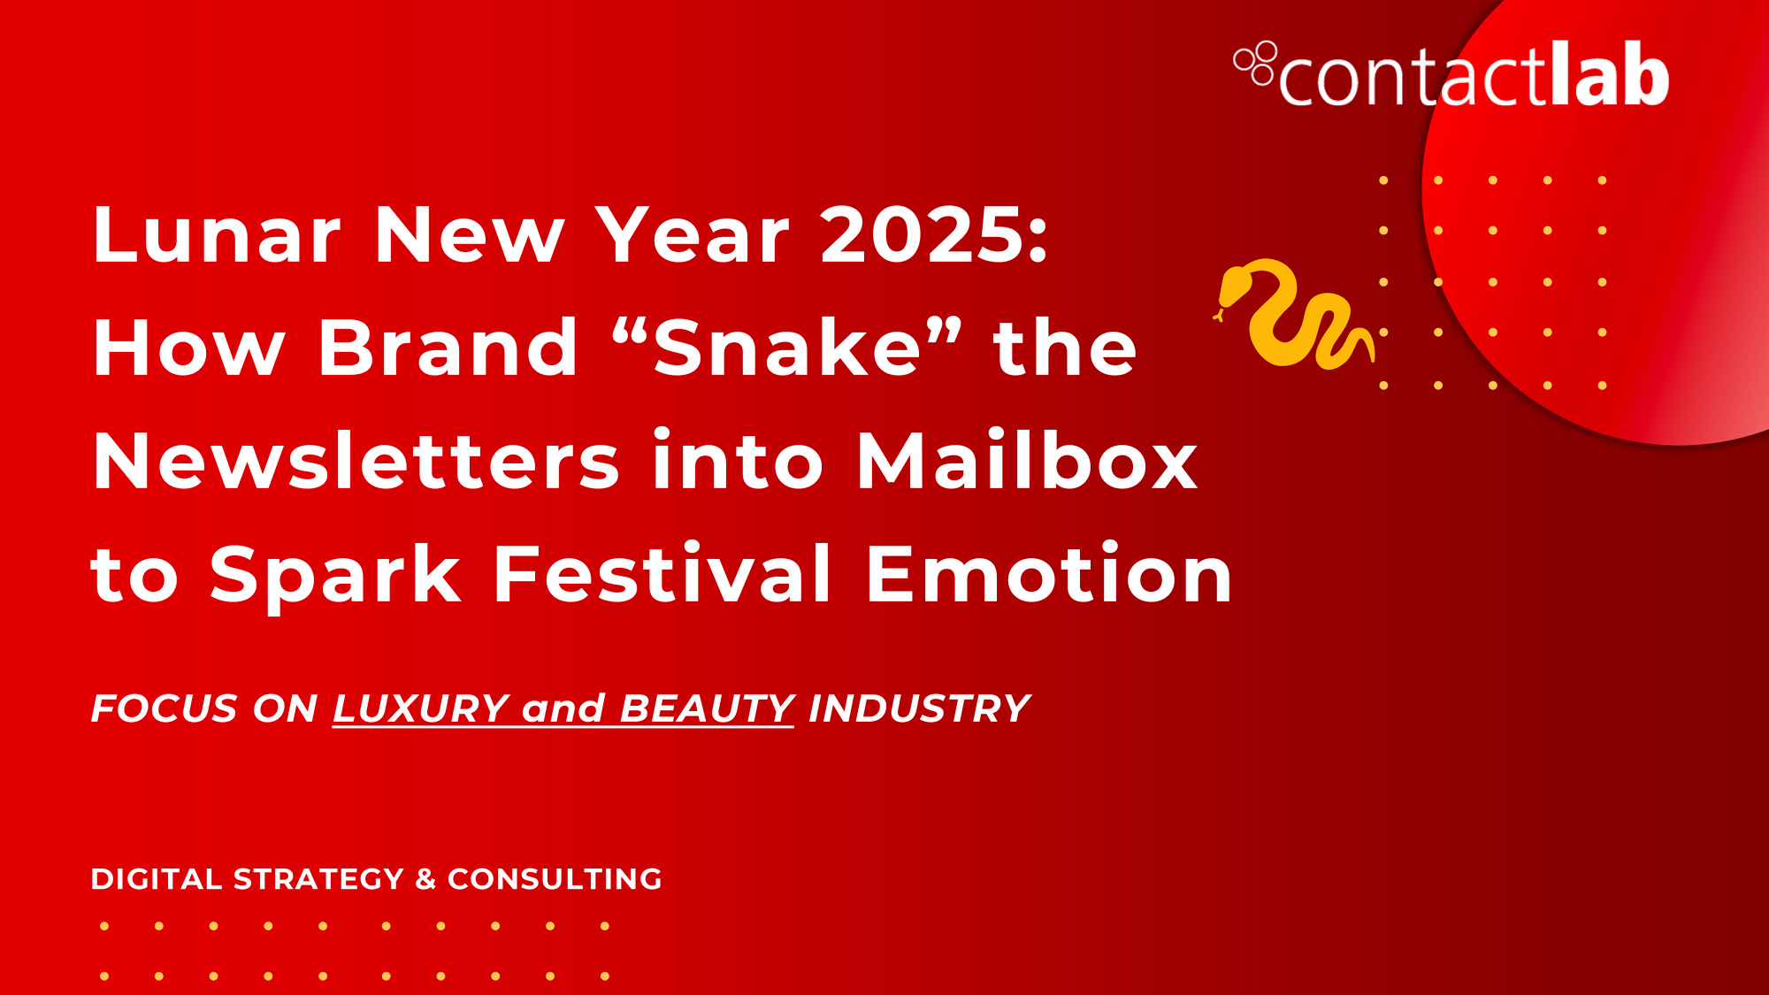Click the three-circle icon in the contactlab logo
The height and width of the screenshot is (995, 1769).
click(1255, 63)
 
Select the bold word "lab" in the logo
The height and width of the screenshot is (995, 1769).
click(1609, 74)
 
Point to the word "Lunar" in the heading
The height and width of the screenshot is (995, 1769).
click(217, 234)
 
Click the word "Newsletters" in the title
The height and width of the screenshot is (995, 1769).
click(356, 461)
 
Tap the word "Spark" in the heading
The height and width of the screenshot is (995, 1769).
click(335, 577)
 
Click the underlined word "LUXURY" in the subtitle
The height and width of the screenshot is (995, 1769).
click(421, 708)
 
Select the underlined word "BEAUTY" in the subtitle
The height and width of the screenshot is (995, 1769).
click(707, 708)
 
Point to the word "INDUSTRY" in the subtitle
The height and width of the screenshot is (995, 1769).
click(919, 708)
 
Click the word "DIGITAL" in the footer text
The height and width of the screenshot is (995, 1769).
click(156, 879)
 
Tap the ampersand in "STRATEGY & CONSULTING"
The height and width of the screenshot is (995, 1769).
click(425, 879)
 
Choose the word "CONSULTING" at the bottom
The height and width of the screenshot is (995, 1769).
click(555, 879)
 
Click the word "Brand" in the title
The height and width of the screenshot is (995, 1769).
click(448, 348)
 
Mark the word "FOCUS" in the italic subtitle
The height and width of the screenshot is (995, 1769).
click(165, 708)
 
